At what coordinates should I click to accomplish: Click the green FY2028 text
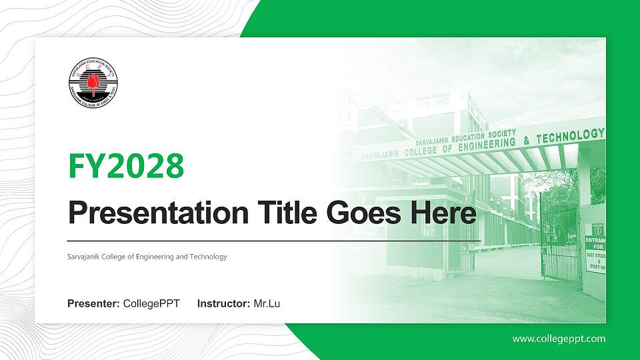126,166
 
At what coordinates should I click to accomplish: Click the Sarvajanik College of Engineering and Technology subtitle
147,257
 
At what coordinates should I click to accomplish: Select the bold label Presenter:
94,304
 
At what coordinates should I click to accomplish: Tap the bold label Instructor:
224,304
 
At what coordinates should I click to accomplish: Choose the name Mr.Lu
267,304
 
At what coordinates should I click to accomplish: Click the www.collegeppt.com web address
559,339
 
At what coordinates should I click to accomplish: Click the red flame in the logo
93,84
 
